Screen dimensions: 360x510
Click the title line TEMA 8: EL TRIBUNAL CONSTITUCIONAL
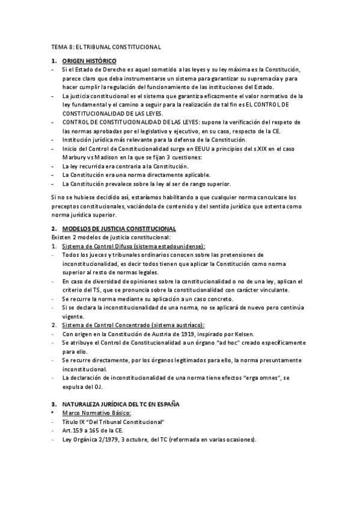[x=105, y=47]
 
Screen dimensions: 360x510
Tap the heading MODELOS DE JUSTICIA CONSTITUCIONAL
[x=119, y=229]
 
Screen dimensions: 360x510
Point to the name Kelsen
[x=243, y=334]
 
